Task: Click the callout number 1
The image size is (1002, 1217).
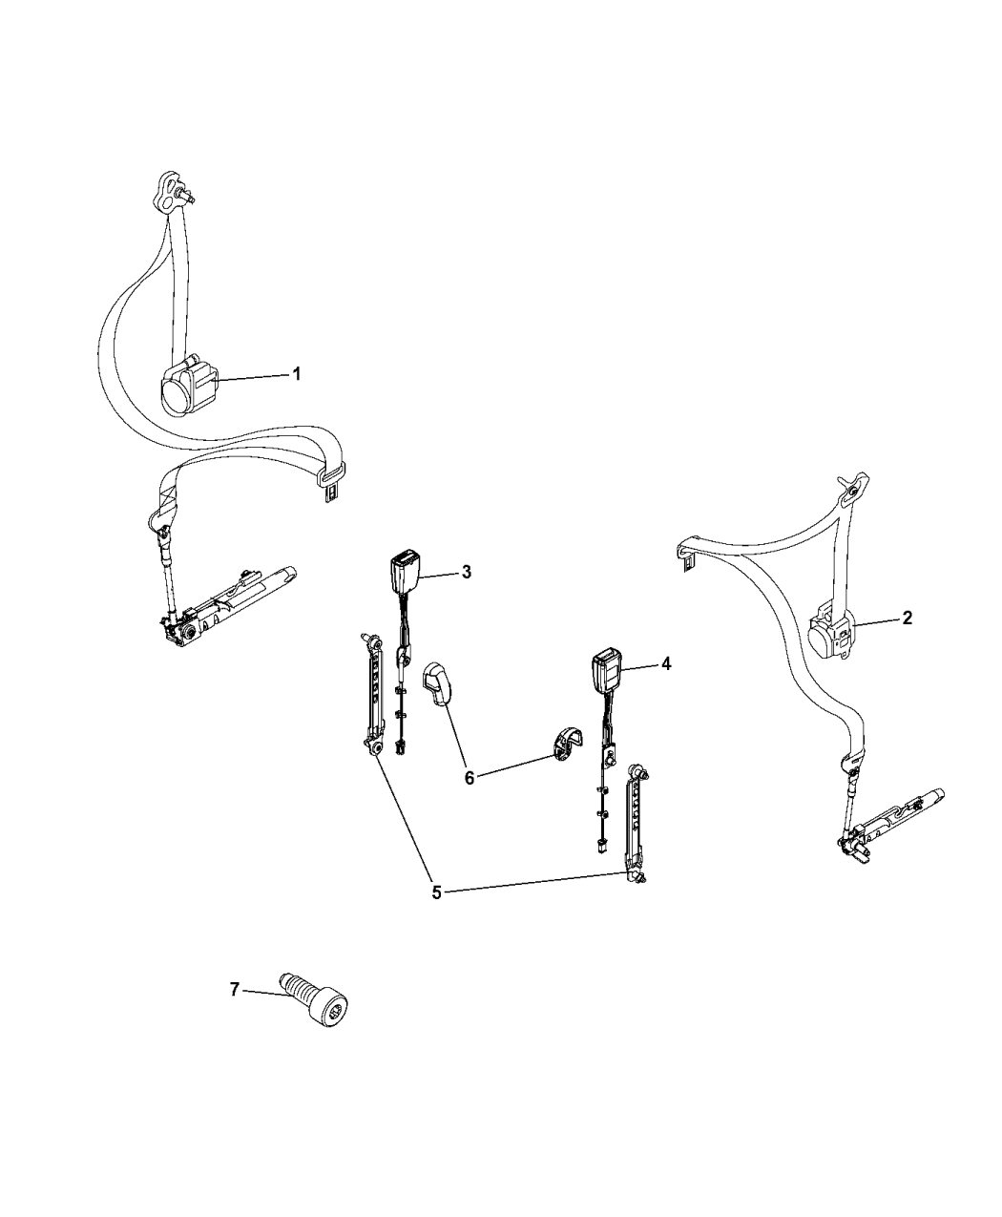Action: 296,373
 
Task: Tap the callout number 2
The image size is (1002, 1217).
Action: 907,618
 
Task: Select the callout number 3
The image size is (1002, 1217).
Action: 467,573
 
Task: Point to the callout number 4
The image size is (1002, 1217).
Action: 666,663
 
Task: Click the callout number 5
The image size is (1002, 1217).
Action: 437,909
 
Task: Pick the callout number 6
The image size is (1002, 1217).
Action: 470,778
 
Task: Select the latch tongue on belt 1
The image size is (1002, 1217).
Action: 331,480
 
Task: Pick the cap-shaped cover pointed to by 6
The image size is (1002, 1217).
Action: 438,682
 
